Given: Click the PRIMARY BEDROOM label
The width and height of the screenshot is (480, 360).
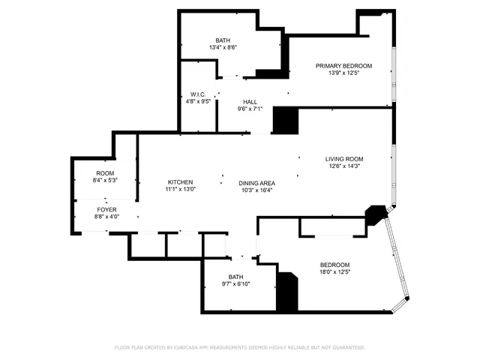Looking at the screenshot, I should (x=343, y=66).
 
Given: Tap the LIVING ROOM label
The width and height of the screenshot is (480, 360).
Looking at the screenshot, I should (x=343, y=158).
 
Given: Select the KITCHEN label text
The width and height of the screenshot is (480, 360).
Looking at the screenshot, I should (x=180, y=182).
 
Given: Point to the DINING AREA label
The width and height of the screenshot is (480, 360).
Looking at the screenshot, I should (x=256, y=183).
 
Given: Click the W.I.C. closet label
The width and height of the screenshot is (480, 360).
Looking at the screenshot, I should (x=198, y=94).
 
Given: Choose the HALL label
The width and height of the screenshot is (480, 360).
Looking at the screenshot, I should (x=250, y=101).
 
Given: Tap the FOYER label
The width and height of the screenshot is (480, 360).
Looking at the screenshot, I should (x=105, y=209).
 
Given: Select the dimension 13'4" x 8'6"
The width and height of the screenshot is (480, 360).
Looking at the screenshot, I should (x=223, y=48).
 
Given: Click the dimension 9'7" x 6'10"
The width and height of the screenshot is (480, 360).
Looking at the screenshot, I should (x=235, y=284).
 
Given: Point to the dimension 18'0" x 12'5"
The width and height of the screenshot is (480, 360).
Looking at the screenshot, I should (x=334, y=272).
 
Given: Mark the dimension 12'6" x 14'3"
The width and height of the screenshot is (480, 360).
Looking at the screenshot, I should (x=343, y=166).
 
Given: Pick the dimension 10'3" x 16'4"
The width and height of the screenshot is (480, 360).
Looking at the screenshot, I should (x=256, y=190).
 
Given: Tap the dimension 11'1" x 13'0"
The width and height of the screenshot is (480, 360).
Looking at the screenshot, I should (x=180, y=190).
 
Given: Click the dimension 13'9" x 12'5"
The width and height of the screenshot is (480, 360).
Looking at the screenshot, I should (x=343, y=73).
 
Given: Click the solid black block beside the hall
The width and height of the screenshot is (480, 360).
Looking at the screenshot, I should (x=284, y=121).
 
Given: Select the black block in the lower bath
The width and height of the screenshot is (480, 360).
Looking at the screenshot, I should (x=286, y=292).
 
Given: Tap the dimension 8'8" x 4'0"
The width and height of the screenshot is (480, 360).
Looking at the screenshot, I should (x=105, y=217).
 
